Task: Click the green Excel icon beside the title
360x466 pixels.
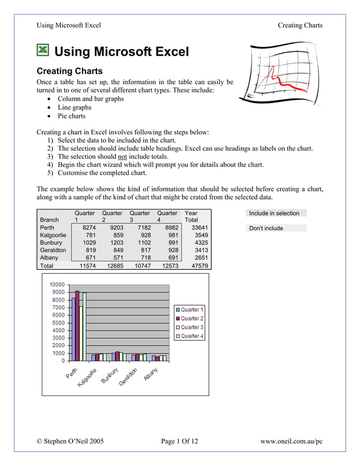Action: pos(43,51)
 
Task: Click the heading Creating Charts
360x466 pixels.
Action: pos(69,72)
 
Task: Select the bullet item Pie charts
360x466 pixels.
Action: pos(72,116)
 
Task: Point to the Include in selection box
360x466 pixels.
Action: pos(276,213)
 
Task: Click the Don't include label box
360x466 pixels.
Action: pos(276,228)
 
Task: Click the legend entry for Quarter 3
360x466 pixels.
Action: pos(189,327)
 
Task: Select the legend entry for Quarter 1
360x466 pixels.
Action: pos(189,310)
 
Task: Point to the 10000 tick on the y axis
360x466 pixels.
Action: pos(56,284)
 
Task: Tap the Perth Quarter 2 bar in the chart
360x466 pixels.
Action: pos(77,325)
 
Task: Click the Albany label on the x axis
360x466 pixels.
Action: pos(150,374)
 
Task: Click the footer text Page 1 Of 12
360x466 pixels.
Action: pos(179,441)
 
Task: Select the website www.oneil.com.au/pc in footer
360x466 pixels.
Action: pos(291,441)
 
